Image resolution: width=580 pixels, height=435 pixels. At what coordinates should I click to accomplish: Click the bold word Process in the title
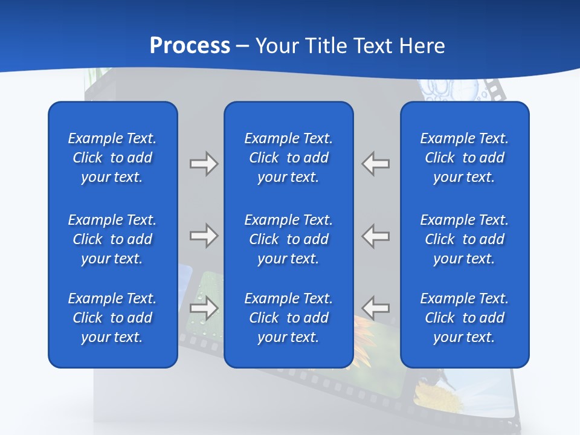click(190, 46)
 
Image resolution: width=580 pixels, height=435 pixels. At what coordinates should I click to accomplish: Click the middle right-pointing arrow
click(204, 236)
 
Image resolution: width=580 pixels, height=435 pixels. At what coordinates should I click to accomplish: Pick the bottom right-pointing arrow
click(204, 308)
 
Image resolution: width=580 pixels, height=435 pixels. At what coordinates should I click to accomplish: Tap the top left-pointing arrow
click(376, 164)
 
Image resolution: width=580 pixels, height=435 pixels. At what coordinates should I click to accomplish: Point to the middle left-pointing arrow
click(376, 236)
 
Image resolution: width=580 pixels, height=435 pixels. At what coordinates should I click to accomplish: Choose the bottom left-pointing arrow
click(376, 308)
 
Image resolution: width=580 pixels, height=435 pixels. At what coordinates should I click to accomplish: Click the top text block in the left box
click(112, 158)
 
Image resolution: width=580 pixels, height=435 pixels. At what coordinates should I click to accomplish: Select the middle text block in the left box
click(112, 239)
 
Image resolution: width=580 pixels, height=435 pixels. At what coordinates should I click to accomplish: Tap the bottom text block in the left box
click(112, 318)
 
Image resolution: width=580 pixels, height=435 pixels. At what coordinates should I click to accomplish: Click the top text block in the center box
click(288, 158)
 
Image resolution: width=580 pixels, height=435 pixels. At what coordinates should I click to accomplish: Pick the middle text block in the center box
click(288, 239)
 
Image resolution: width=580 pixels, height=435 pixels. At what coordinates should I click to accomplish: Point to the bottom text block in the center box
click(288, 318)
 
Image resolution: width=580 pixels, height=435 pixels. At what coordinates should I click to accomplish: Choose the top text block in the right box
click(464, 158)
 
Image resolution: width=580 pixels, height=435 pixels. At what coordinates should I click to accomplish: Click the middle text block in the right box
click(464, 239)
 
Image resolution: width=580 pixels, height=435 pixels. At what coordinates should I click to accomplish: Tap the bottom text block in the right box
click(464, 318)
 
